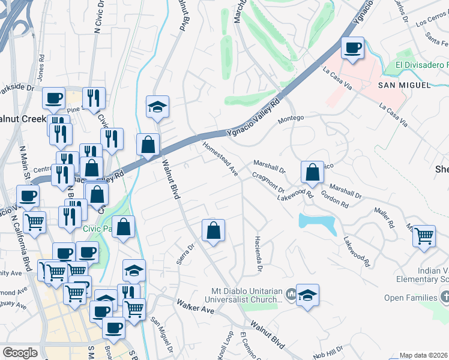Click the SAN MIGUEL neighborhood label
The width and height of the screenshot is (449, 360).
[405, 85]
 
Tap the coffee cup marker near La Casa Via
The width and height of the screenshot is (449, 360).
[352, 48]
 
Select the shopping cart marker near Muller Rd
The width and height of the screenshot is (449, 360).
[424, 235]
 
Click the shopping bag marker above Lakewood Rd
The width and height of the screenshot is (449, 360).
[312, 172]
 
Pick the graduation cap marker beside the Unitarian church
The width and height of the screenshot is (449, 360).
[307, 295]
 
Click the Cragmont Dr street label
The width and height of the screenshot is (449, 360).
[268, 181]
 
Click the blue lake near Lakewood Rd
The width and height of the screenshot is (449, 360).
[318, 224]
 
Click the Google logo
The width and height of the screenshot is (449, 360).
[20, 352]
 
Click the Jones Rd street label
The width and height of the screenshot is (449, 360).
[41, 67]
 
